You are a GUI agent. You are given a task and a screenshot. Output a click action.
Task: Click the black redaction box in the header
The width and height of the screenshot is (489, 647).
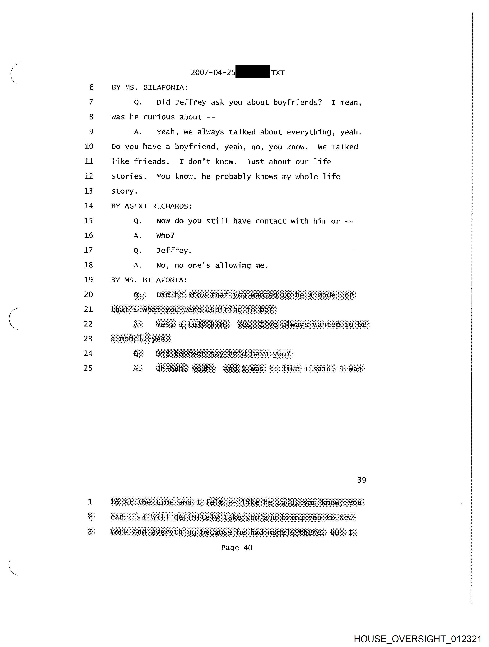(x=252, y=71)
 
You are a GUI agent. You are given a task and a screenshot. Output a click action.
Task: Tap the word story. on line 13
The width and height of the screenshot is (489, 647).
(x=124, y=191)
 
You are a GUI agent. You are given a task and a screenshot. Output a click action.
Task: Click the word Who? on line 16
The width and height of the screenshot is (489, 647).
(x=165, y=235)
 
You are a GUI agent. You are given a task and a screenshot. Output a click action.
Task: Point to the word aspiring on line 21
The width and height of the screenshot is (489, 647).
(x=224, y=309)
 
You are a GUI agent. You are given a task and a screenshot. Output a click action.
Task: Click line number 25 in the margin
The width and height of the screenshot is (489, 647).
(x=88, y=368)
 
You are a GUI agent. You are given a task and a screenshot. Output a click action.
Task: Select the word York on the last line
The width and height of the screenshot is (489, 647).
(x=119, y=532)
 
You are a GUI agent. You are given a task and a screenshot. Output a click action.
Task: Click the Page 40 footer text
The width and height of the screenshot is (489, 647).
(x=237, y=548)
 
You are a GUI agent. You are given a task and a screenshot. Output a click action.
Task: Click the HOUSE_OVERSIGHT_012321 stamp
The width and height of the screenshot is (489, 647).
(x=417, y=639)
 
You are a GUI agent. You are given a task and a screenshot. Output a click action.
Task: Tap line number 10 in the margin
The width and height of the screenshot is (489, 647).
(x=89, y=147)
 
